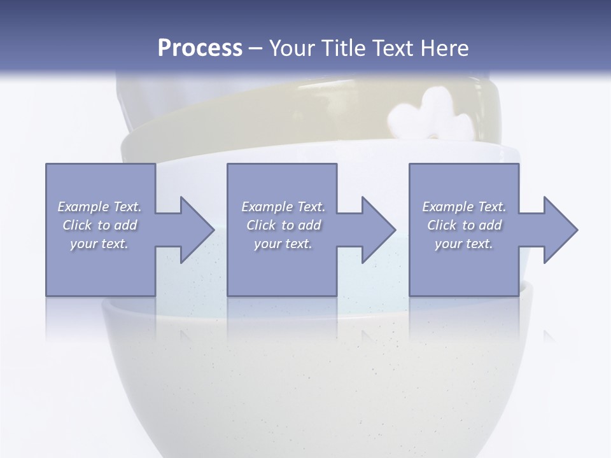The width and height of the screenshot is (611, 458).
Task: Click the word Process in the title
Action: [200, 48]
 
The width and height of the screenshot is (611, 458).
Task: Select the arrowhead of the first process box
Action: [194, 230]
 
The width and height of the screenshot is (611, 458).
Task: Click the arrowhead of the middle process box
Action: [376, 230]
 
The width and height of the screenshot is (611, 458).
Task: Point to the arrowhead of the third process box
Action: [558, 230]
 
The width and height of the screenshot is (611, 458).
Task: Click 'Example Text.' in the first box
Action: [99, 207]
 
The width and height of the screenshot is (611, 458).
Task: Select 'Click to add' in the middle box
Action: [283, 225]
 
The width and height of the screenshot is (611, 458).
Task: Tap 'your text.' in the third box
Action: [464, 244]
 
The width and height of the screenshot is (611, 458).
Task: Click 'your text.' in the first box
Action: [99, 244]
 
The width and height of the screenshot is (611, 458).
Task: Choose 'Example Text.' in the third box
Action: [464, 207]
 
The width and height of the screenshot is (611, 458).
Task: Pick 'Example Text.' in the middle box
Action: [283, 207]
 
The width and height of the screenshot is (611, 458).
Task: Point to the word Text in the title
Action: [392, 48]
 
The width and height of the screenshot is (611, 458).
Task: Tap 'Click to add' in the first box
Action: [99, 225]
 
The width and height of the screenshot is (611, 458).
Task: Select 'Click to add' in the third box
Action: [464, 225]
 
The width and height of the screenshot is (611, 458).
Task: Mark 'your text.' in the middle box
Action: [283, 244]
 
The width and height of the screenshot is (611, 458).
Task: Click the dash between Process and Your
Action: [256, 48]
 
